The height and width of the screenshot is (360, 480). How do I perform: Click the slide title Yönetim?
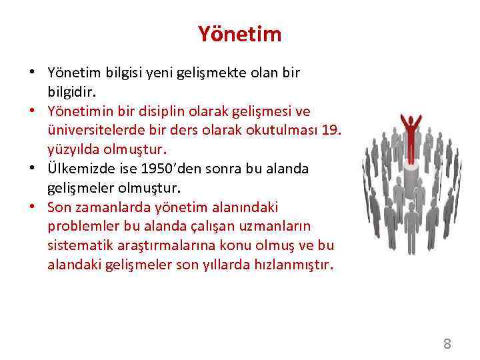click(x=239, y=34)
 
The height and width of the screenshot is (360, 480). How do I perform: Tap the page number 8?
click(x=447, y=344)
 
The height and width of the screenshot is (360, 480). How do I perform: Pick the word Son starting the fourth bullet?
click(x=59, y=207)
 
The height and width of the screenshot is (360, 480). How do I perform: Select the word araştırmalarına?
click(x=161, y=245)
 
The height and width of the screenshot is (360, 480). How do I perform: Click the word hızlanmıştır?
click(x=293, y=265)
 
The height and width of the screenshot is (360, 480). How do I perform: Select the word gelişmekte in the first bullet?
click(x=193, y=72)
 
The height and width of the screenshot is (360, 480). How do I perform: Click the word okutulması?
click(x=274, y=129)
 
